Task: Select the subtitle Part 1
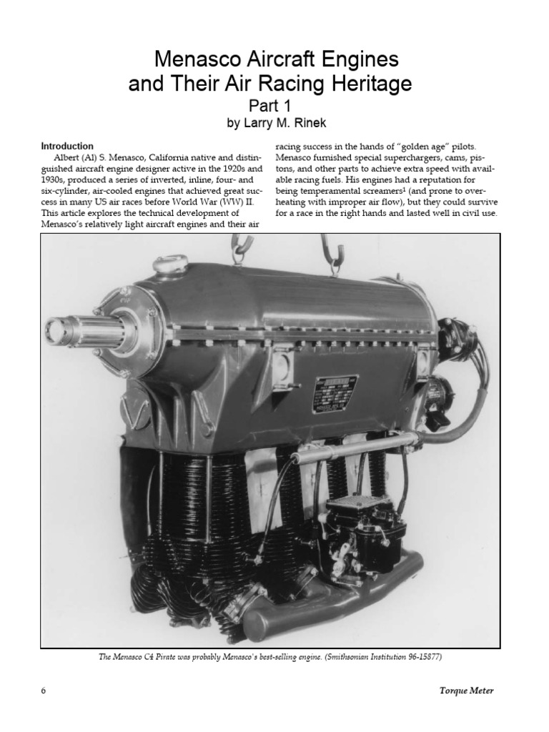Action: pyautogui.click(x=274, y=107)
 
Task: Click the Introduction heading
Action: pyautogui.click(x=68, y=146)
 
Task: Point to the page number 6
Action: pyautogui.click(x=44, y=691)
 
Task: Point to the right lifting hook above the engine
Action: pyautogui.click(x=333, y=264)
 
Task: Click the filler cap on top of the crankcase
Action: pyautogui.click(x=170, y=266)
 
